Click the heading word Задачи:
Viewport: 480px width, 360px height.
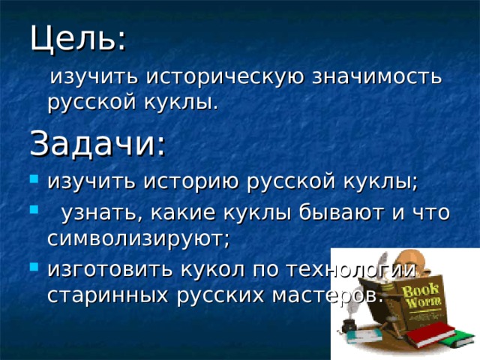(x=97, y=144)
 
